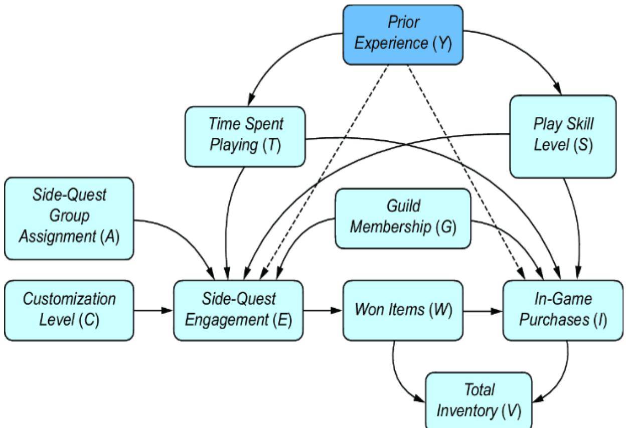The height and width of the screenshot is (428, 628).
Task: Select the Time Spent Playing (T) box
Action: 245,136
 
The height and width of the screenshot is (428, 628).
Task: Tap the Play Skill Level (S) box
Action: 562,136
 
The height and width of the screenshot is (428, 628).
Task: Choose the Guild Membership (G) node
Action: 403,219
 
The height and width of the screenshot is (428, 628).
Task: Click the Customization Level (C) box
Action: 70,310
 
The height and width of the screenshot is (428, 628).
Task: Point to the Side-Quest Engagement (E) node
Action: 238,310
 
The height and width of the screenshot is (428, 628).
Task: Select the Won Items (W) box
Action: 403,311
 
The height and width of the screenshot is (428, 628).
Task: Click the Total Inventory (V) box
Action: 478,400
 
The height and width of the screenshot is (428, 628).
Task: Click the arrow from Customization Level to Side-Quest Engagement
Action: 154,311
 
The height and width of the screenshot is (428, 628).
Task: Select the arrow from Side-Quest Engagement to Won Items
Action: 323,311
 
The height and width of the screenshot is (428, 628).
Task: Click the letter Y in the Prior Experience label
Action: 442,44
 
